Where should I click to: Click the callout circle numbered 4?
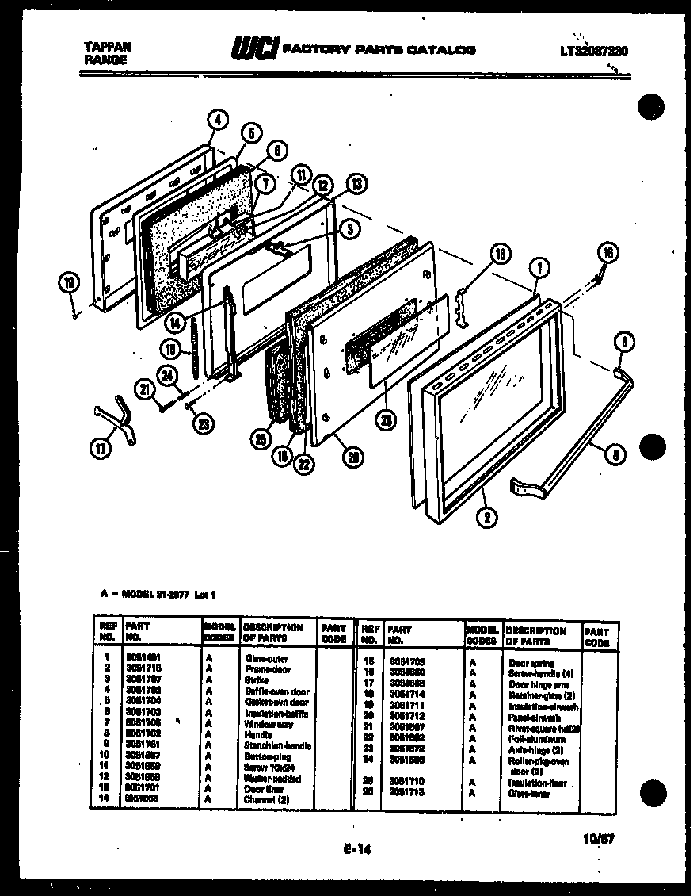point(218,120)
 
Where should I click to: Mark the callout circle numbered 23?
point(204,423)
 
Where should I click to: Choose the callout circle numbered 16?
point(607,254)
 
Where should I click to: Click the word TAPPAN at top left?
point(107,47)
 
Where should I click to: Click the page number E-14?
point(357,848)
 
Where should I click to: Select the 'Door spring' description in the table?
point(531,662)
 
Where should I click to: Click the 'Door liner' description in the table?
point(261,789)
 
